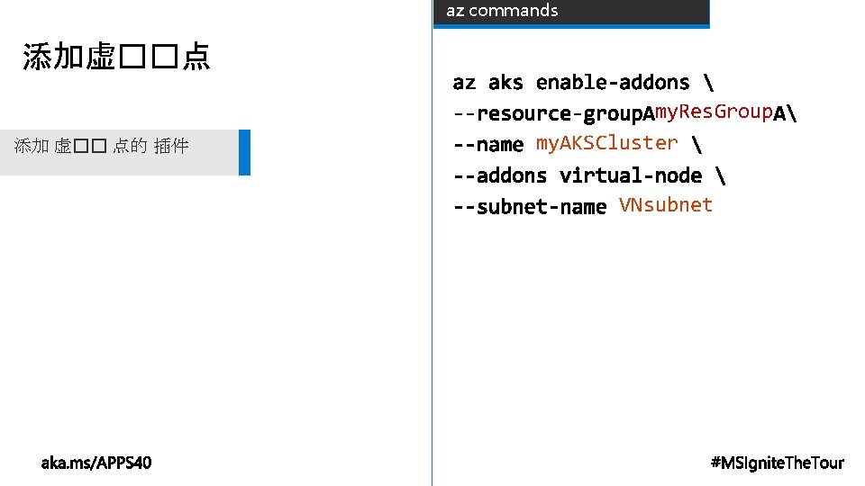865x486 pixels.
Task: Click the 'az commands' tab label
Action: point(502,11)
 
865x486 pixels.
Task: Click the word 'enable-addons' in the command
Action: point(612,83)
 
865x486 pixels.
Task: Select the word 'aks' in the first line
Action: point(505,83)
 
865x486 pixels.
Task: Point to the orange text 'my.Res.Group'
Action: point(713,112)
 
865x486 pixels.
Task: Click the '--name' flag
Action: point(487,144)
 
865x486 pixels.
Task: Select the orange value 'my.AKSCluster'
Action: point(606,142)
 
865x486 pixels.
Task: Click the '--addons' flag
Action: point(499,175)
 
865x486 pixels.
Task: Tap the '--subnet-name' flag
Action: point(529,207)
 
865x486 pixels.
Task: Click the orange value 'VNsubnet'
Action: point(665,205)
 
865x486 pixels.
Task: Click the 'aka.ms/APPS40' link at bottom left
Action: point(96,463)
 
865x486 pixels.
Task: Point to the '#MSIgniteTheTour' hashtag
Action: point(777,463)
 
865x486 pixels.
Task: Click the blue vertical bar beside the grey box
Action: point(244,152)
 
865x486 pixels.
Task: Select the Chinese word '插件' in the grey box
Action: point(171,146)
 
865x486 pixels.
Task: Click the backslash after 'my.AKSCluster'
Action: point(696,144)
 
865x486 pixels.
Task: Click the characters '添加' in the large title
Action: point(54,58)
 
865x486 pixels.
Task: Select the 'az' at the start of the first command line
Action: point(464,83)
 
